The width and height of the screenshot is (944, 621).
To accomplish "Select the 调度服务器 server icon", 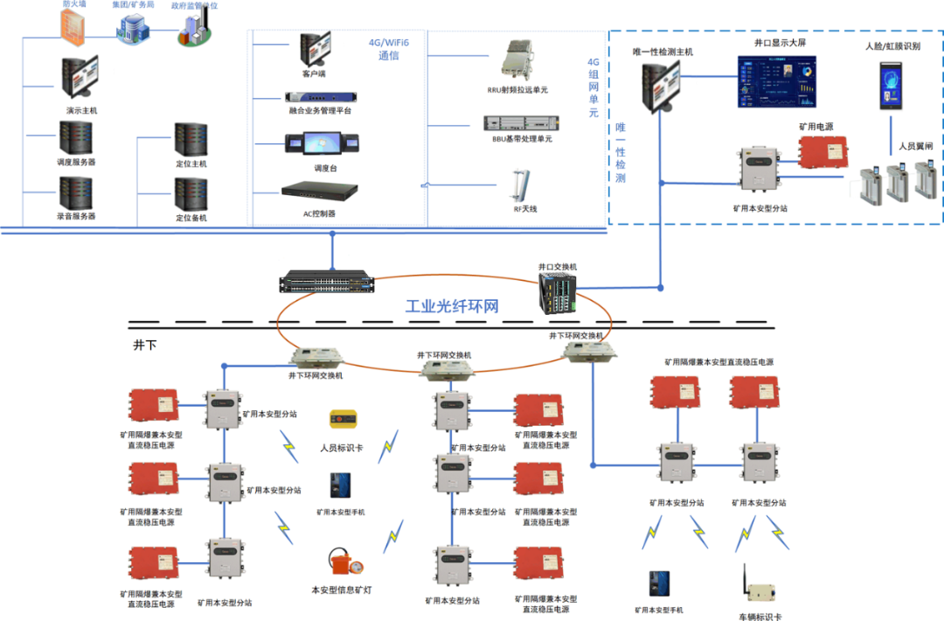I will [x=76, y=137].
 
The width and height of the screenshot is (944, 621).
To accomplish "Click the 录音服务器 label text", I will [x=76, y=216].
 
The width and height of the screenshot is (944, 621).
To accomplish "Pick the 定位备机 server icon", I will [x=191, y=193].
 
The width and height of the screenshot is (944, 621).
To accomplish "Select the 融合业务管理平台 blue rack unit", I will [x=318, y=97].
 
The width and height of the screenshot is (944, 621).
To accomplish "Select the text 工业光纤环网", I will [x=451, y=307].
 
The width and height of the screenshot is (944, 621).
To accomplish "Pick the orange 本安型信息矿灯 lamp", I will [x=342, y=561].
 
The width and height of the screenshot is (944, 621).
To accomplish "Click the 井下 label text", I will [x=145, y=345].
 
